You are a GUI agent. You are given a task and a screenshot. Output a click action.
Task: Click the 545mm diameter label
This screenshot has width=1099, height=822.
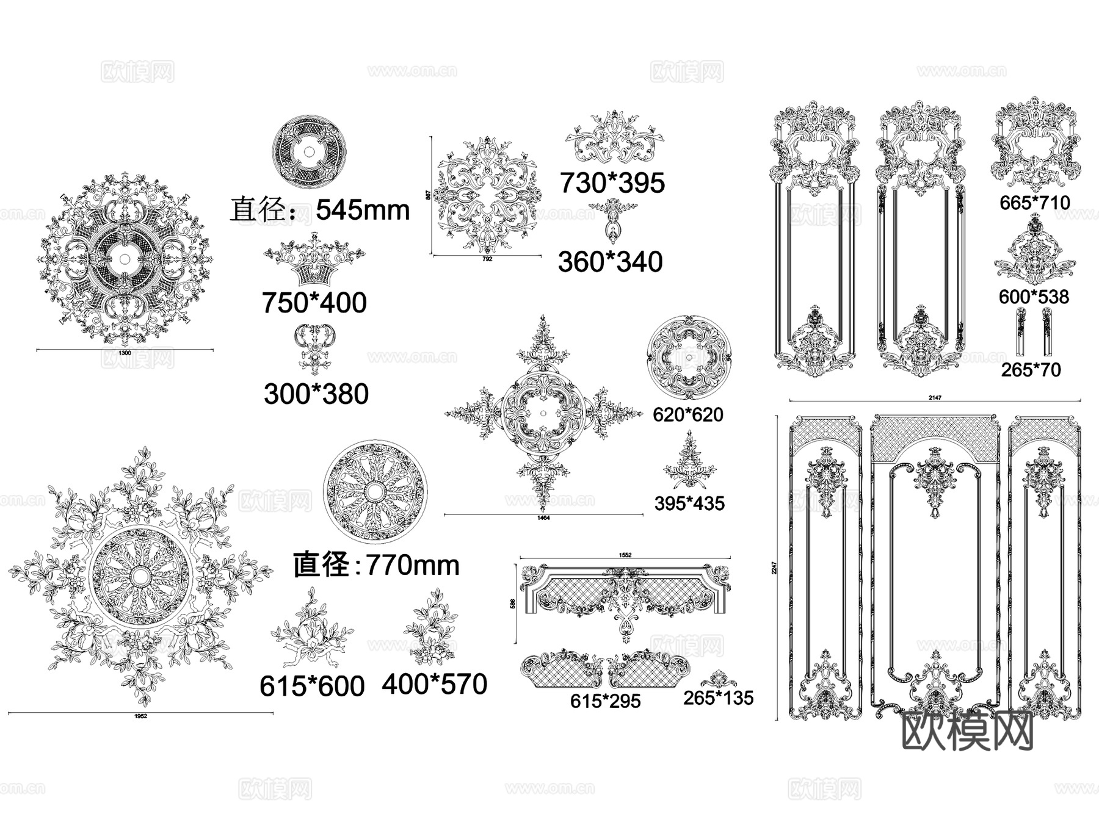click(x=320, y=210)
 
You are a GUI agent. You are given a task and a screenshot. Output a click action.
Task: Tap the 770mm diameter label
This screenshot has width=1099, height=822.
click(x=376, y=565)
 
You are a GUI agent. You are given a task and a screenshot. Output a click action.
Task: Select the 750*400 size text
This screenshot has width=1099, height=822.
click(x=314, y=303)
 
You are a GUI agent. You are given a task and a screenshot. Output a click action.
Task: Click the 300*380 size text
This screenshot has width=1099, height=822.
click(x=316, y=394)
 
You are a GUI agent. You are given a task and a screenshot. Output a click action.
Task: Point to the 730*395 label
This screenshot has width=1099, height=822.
click(x=612, y=183)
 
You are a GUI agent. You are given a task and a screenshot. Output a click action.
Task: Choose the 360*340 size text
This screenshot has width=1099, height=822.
click(x=610, y=262)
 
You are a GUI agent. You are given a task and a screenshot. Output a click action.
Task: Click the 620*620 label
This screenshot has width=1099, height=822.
click(x=687, y=415)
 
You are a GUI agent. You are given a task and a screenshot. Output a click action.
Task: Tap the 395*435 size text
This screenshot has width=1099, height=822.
click(x=689, y=503)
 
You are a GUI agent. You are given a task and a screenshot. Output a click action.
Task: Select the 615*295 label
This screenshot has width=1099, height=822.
click(x=605, y=701)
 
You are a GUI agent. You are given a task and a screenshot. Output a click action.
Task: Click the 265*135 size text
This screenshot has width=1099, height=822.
click(x=718, y=698)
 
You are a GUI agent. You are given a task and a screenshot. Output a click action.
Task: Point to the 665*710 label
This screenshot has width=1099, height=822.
click(x=1034, y=203)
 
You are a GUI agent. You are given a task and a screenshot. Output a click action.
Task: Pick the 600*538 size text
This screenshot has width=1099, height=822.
click(x=1034, y=297)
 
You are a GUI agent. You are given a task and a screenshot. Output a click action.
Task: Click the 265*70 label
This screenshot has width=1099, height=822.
click(x=1031, y=370)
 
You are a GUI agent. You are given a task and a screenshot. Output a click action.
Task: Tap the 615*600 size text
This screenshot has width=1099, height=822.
click(x=312, y=687)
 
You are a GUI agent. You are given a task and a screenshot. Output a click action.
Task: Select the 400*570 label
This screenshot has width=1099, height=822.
click(x=434, y=685)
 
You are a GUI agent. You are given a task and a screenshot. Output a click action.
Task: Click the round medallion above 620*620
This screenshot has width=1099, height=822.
click(x=689, y=358)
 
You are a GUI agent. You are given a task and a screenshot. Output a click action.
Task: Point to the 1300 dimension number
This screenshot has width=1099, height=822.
click(x=125, y=353)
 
